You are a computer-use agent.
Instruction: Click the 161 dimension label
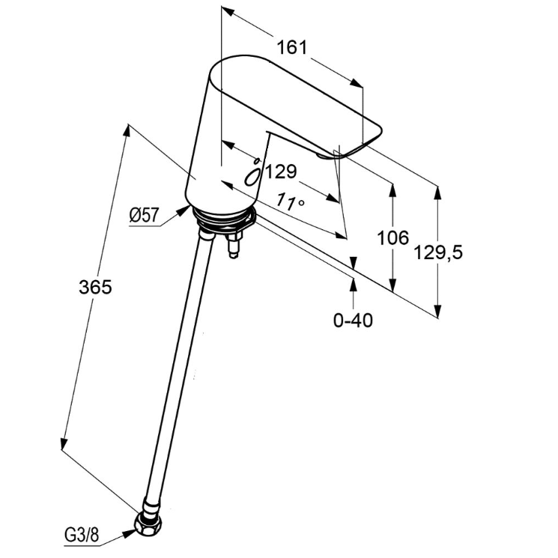coord(292,47)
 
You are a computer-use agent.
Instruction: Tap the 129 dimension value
coord(281,172)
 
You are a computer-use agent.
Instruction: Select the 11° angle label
coord(291,200)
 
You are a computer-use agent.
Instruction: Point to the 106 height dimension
coord(392,238)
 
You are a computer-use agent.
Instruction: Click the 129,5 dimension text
coord(438,252)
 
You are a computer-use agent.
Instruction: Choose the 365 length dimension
coord(95,286)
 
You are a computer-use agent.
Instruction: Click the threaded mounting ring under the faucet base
coord(222,219)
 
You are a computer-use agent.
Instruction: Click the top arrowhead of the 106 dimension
coord(392,186)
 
